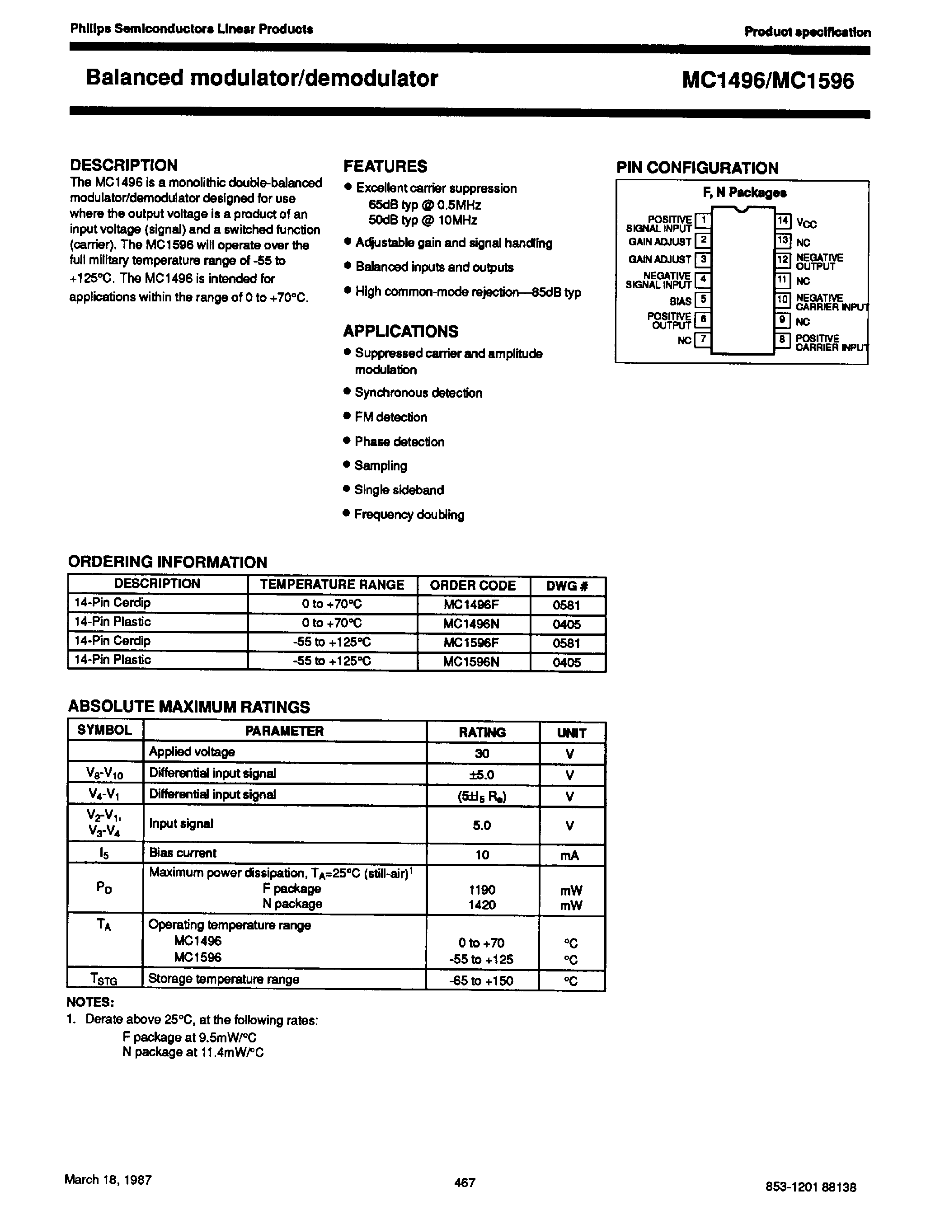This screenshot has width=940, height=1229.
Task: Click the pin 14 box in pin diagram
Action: click(783, 221)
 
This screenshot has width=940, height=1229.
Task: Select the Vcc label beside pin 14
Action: click(806, 224)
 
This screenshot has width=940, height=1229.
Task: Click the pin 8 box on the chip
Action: click(782, 339)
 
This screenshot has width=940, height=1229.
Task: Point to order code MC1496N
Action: click(471, 624)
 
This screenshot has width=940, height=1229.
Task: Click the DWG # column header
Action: click(567, 586)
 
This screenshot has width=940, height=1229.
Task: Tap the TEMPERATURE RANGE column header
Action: click(332, 585)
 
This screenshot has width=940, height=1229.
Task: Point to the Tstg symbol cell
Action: click(104, 980)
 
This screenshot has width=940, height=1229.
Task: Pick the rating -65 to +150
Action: click(481, 980)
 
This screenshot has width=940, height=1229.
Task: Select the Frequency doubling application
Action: click(409, 515)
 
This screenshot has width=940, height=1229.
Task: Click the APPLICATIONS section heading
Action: click(400, 331)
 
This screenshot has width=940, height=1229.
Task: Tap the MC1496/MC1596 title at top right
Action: click(768, 81)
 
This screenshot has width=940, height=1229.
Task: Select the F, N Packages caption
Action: click(744, 193)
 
